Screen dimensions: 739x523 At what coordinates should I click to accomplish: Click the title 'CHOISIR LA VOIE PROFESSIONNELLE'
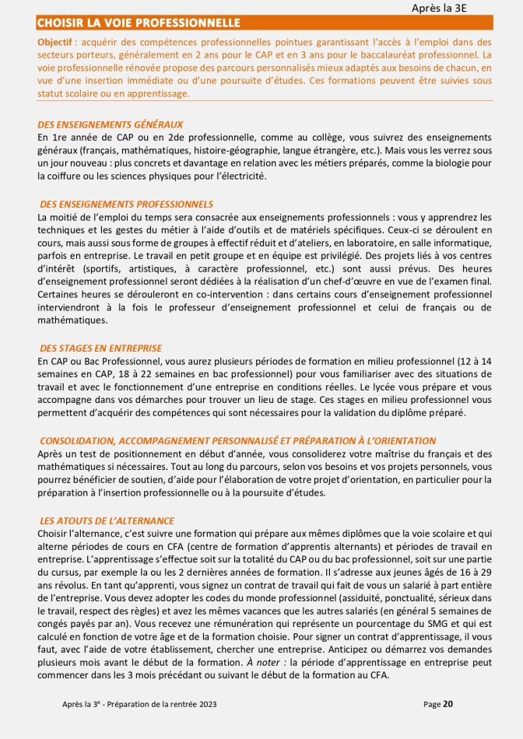pyautogui.click(x=139, y=23)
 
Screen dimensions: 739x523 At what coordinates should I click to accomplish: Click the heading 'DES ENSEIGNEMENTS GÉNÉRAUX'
pyautogui.click(x=111, y=124)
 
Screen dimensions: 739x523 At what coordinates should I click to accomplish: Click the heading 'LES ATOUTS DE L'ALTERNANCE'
pyautogui.click(x=107, y=520)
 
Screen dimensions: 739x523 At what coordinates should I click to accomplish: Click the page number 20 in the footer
pyautogui.click(x=448, y=704)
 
